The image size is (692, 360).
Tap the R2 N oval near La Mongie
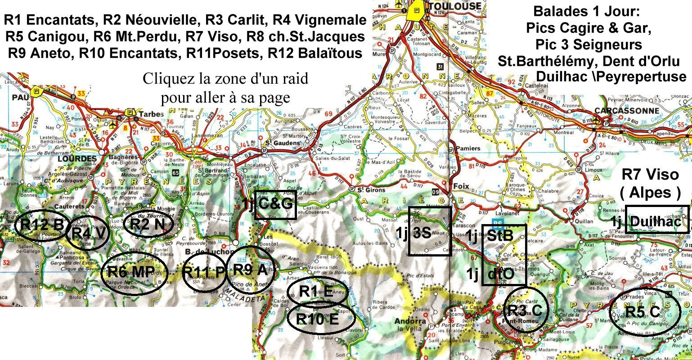(144, 225)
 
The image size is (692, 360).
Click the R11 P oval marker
(204, 272)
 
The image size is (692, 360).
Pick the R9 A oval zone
(250, 270)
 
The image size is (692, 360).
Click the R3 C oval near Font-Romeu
(526, 310)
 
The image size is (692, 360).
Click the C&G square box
(275, 205)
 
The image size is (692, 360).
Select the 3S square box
(429, 231)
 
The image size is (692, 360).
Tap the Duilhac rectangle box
(657, 219)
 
